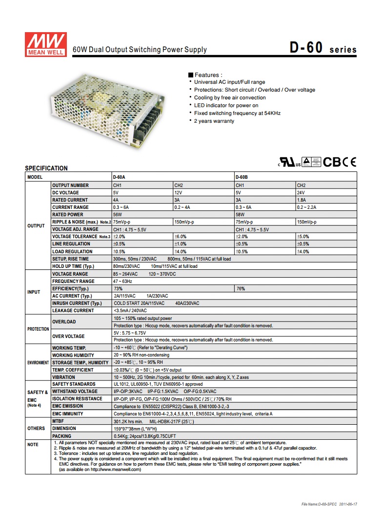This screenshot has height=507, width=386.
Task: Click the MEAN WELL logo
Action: click(44, 44)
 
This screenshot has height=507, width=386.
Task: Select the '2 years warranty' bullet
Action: click(214, 121)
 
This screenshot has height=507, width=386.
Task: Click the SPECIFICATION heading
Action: click(46, 169)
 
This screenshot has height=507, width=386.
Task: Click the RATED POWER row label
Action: click(68, 214)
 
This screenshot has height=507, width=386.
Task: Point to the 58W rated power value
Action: click(241, 214)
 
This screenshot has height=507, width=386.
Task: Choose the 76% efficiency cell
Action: click(241, 288)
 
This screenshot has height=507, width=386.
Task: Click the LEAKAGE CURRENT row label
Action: click(73, 310)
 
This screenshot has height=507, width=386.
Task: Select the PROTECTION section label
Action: click(38, 329)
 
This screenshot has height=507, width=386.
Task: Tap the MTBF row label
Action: click(59, 421)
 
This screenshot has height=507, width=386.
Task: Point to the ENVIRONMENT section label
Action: click(38, 363)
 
